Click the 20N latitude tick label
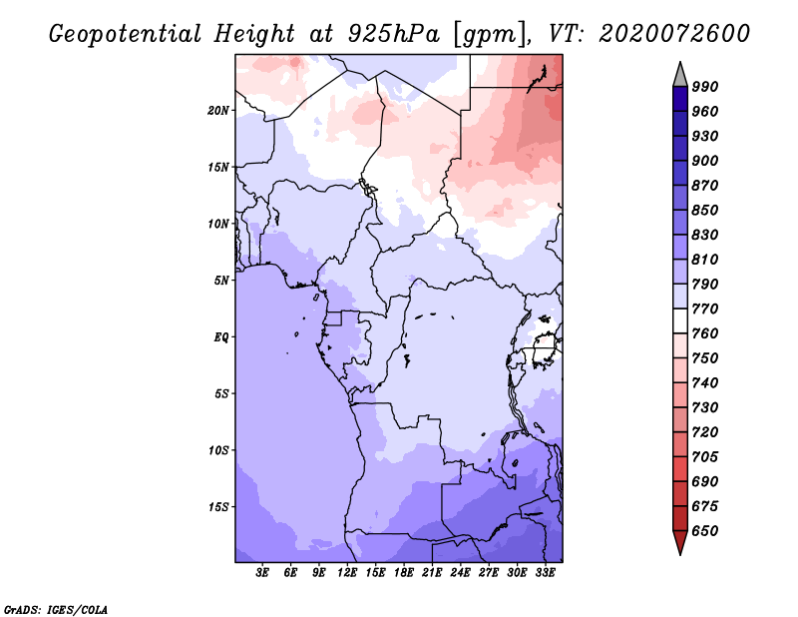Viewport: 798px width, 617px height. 218,110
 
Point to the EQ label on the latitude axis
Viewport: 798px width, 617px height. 221,337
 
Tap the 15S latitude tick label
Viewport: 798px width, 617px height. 218,507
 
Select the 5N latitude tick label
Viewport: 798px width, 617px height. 221,281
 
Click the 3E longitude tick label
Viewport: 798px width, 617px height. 263,573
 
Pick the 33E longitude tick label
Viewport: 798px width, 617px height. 546,573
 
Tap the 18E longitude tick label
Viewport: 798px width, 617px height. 404,573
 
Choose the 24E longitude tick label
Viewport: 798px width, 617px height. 461,573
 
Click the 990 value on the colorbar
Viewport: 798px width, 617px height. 705,87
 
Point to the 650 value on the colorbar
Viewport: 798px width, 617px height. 705,531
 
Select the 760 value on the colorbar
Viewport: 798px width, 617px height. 705,333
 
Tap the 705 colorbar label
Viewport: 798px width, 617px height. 705,457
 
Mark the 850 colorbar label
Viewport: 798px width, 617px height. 705,211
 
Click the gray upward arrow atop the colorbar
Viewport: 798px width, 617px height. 680,73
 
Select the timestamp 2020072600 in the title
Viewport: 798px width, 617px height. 674,34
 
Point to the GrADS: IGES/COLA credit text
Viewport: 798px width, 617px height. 55,608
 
